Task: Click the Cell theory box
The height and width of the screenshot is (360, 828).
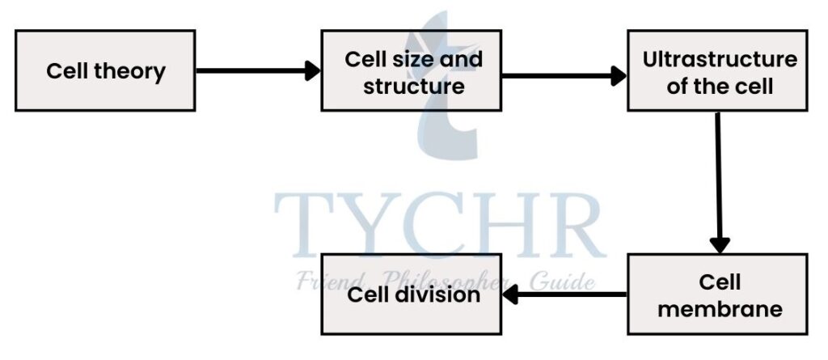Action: click(x=105, y=70)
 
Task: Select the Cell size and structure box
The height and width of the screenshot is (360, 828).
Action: click(x=412, y=70)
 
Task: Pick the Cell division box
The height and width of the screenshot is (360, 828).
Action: click(x=412, y=294)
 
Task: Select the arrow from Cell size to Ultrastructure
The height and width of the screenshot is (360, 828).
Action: click(x=564, y=76)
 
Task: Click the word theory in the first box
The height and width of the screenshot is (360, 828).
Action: click(x=129, y=71)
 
